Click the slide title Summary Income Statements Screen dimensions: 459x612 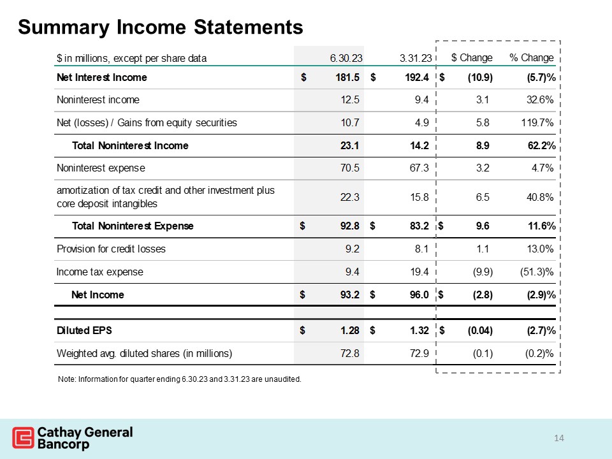pyautogui.click(x=161, y=27)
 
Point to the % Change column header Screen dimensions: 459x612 pyautogui.click(x=532, y=57)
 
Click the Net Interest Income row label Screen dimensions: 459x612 pyautogui.click(x=102, y=78)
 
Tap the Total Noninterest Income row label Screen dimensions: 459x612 pyautogui.click(x=130, y=145)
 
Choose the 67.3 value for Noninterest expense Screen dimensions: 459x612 pyautogui.click(x=418, y=168)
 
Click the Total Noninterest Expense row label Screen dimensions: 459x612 pyautogui.click(x=133, y=226)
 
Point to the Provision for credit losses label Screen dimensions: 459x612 pyautogui.click(x=112, y=249)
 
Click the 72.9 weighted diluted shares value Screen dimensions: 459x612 pyautogui.click(x=418, y=353)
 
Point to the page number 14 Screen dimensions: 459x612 pyautogui.click(x=560, y=438)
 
